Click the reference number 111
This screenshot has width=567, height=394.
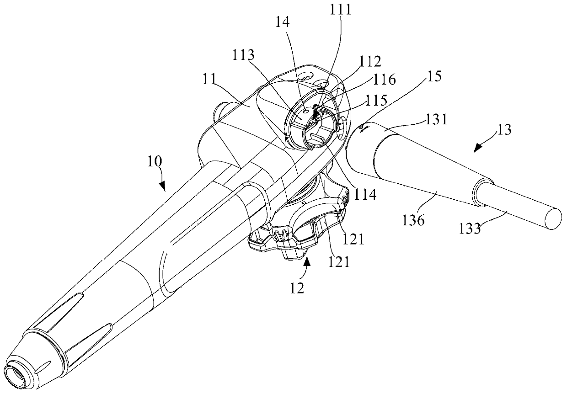[x=339, y=10]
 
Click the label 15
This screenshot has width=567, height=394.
[x=435, y=77]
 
